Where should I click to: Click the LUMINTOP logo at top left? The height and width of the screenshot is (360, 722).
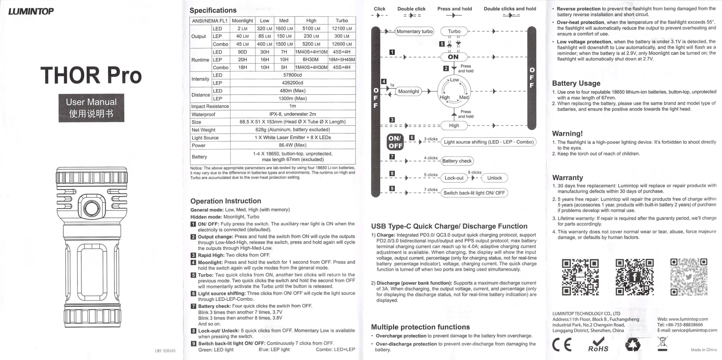tap(31, 11)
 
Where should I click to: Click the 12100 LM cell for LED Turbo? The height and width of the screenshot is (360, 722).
tap(342, 28)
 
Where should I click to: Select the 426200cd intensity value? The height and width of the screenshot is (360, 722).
tap(292, 83)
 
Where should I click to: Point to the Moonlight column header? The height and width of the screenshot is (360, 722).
tap(242, 21)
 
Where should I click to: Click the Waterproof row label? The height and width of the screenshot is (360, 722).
tap(203, 114)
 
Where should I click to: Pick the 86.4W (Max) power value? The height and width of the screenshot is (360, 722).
tap(292, 145)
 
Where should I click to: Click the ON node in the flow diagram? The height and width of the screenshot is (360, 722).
tap(454, 57)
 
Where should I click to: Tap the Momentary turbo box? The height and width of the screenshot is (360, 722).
tap(414, 31)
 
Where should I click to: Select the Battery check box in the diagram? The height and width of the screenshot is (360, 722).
tap(457, 161)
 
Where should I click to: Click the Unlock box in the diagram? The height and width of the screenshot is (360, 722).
tap(494, 178)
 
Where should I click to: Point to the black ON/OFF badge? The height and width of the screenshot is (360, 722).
tap(395, 142)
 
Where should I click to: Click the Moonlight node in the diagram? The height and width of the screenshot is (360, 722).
tap(408, 91)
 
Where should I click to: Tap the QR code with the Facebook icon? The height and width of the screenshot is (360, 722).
tap(634, 277)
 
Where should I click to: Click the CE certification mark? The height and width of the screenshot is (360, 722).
tap(562, 345)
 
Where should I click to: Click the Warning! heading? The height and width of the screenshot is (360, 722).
tap(567, 134)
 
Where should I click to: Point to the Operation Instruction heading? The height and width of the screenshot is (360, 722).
tap(226, 201)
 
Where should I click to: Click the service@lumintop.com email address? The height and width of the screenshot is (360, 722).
tap(687, 330)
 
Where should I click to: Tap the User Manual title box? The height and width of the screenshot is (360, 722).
tap(91, 108)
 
